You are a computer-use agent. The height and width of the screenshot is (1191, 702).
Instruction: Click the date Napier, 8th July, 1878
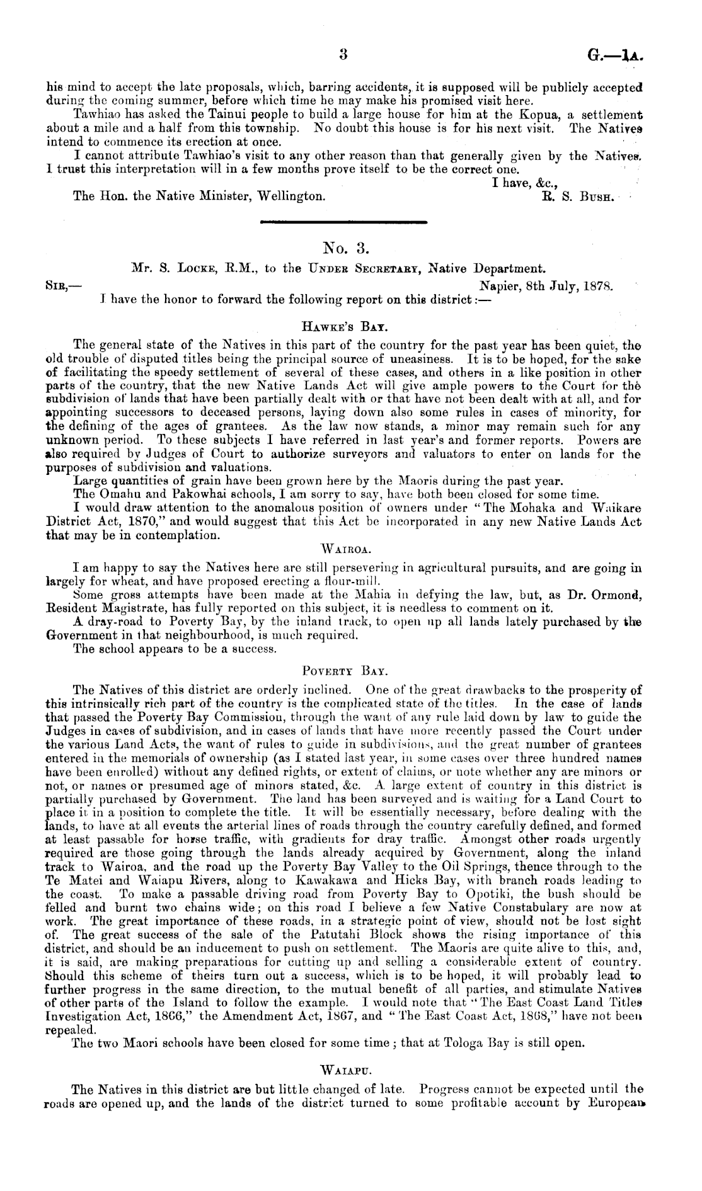point(546,285)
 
